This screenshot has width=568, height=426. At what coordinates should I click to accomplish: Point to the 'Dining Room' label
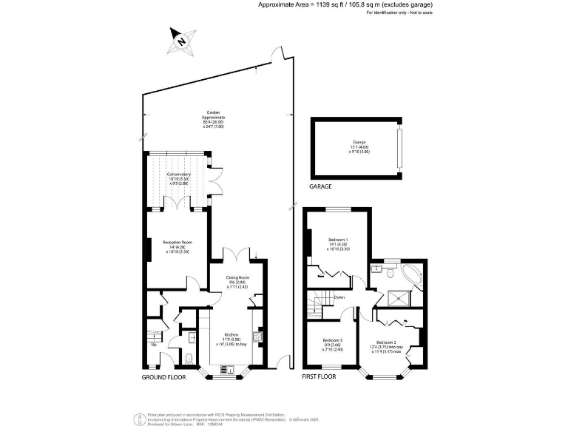tap(237, 277)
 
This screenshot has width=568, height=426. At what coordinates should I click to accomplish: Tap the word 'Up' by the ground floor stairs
tap(154, 345)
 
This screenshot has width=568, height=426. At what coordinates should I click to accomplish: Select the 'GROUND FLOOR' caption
tap(163, 376)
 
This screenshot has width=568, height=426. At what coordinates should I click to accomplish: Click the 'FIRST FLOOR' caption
tap(319, 376)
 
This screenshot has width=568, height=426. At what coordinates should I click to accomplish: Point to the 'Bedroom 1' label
tap(338, 240)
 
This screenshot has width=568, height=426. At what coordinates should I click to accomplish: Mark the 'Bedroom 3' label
tap(333, 341)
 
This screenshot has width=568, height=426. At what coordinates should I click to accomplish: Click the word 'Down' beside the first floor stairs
tap(339, 297)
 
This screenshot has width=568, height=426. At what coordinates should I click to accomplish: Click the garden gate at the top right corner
tap(277, 55)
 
